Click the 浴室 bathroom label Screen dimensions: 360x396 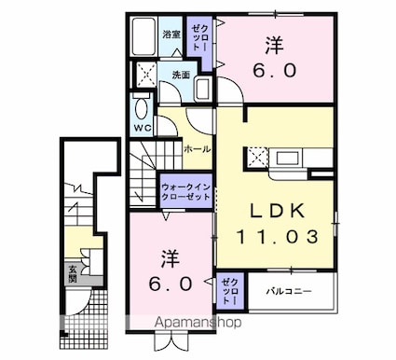[171, 35]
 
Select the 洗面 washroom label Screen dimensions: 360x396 [181, 76]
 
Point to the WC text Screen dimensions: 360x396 [143, 127]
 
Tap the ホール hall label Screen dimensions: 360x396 [196, 148]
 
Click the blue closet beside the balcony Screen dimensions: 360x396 [228, 290]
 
